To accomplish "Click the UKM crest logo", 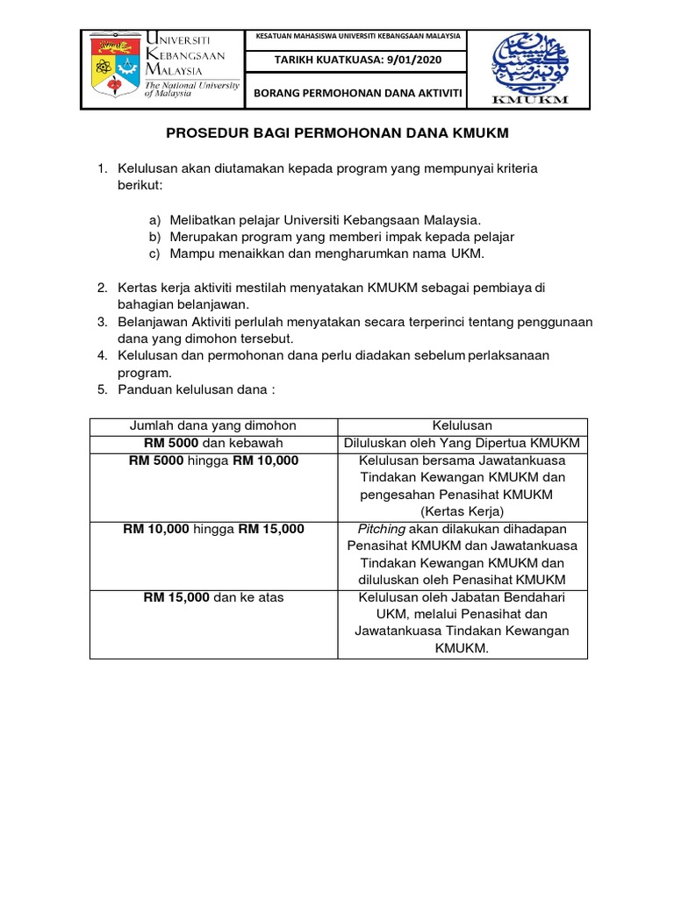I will click(114, 68).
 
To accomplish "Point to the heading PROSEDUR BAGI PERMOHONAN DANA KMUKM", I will click(337, 133).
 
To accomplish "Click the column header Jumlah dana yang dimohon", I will click(213, 426).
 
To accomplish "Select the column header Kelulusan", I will click(462, 426).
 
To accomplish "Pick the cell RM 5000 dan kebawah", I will click(213, 443).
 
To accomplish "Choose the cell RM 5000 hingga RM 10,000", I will click(213, 460).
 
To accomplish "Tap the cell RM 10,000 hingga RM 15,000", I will click(213, 529).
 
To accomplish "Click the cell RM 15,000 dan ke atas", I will click(213, 597).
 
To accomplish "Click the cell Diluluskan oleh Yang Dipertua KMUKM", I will click(462, 443).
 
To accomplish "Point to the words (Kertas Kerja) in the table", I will click(462, 511).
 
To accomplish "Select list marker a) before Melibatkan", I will click(155, 219).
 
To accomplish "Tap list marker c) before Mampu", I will click(155, 253).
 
